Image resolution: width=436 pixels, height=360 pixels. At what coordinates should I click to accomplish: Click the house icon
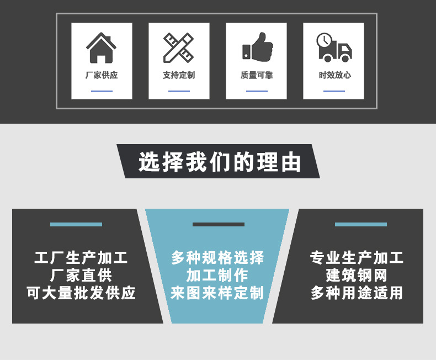pyautogui.click(x=102, y=48)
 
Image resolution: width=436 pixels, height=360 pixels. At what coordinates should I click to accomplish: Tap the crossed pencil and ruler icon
pyautogui.click(x=178, y=48)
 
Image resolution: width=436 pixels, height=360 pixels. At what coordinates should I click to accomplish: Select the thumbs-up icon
pyautogui.click(x=257, y=47)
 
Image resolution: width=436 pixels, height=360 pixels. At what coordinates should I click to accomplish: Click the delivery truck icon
pyautogui.click(x=334, y=48)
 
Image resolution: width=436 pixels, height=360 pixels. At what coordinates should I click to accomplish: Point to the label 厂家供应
pyautogui.click(x=102, y=75)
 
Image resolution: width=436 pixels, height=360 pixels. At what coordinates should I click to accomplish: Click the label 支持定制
pyautogui.click(x=179, y=75)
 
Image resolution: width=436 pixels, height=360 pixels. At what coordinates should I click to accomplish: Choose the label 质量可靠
pyautogui.click(x=257, y=75)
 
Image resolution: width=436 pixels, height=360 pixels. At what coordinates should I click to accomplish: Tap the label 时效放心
pyautogui.click(x=334, y=75)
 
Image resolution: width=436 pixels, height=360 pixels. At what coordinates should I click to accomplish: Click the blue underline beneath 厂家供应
pyautogui.click(x=102, y=91)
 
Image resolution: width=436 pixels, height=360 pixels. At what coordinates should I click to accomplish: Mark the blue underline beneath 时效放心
pyautogui.click(x=334, y=91)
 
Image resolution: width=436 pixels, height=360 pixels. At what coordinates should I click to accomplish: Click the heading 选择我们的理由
pyautogui.click(x=220, y=162)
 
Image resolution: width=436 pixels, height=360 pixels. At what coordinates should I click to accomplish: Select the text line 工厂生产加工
pyautogui.click(x=81, y=258)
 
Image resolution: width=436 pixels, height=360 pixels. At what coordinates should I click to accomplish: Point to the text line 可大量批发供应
pyautogui.click(x=81, y=293)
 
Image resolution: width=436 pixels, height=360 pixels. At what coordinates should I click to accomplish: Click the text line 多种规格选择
pyautogui.click(x=217, y=258)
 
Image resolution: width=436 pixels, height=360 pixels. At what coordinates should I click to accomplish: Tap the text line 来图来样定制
pyautogui.click(x=217, y=293)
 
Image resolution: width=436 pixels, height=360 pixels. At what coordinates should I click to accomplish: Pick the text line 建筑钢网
pyautogui.click(x=357, y=276)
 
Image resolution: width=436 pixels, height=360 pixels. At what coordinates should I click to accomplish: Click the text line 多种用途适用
pyautogui.click(x=357, y=293)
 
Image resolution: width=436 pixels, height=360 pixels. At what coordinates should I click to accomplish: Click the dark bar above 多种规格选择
pyautogui.click(x=219, y=224)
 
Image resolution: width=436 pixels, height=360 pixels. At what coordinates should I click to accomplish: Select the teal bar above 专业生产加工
pyautogui.click(x=361, y=224)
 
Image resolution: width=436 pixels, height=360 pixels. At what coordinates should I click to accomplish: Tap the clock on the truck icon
pyautogui.click(x=324, y=40)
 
